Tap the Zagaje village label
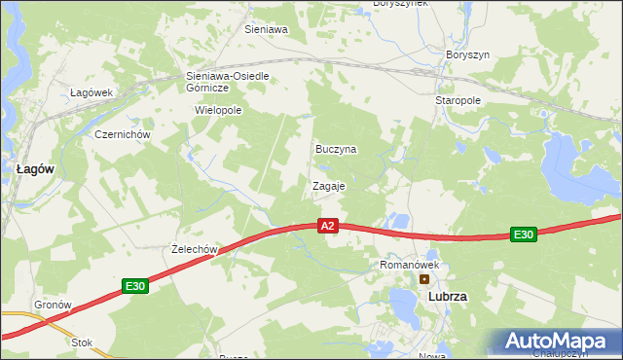(x=329, y=185)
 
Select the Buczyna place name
(x=336, y=149)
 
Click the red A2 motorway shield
(x=327, y=226)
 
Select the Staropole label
(x=458, y=100)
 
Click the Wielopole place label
(x=218, y=110)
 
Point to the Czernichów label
(x=121, y=134)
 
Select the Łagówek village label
(x=92, y=92)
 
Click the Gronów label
(x=54, y=305)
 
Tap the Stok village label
(x=82, y=342)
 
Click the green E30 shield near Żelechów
(x=134, y=286)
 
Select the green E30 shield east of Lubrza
(x=524, y=234)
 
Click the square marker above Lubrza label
(x=424, y=279)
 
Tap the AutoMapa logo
(x=559, y=342)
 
